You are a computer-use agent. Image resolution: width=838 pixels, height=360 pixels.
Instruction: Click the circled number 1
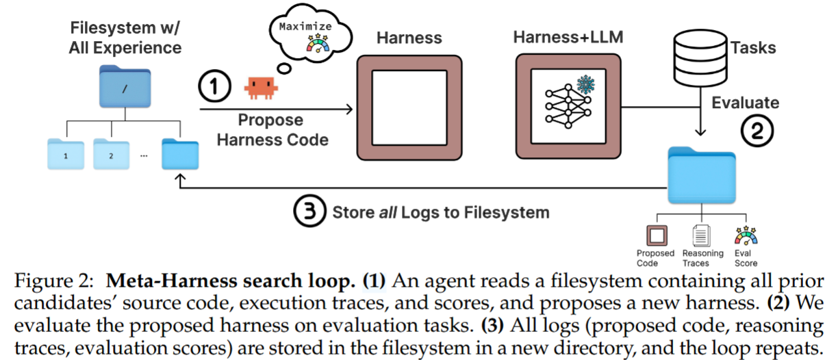pyautogui.click(x=214, y=86)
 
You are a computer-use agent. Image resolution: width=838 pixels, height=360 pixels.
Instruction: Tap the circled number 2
pyautogui.click(x=757, y=131)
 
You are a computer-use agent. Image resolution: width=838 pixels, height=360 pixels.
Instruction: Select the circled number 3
pyautogui.click(x=309, y=211)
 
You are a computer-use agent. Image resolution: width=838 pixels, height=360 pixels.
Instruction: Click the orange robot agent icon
pyautogui.click(x=261, y=88)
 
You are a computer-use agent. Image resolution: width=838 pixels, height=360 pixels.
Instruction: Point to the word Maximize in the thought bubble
pyautogui.click(x=305, y=26)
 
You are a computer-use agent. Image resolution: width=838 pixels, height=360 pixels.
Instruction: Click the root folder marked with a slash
pyautogui.click(x=125, y=86)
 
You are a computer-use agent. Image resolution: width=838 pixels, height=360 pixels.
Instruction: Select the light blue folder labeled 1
pyautogui.click(x=66, y=154)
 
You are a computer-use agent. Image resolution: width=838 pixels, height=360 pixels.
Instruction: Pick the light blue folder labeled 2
pyautogui.click(x=111, y=154)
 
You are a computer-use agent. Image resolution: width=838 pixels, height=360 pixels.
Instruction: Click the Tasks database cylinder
pyautogui.click(x=700, y=58)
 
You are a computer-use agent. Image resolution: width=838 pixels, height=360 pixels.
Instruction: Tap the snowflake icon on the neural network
pyautogui.click(x=585, y=84)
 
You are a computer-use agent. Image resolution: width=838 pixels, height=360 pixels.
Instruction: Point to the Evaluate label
pyautogui.click(x=745, y=103)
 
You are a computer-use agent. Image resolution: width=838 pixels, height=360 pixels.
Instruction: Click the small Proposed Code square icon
pyautogui.click(x=657, y=235)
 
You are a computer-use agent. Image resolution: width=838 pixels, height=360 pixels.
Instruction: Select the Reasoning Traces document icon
pyautogui.click(x=701, y=235)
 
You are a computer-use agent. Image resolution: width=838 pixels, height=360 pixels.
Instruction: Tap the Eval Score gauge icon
pyautogui.click(x=746, y=235)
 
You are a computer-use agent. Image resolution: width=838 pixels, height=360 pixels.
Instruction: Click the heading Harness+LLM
pyautogui.click(x=568, y=37)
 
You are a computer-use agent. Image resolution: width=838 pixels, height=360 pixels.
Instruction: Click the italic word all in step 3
pyautogui.click(x=388, y=212)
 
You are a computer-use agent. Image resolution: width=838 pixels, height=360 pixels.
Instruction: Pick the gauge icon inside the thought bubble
pyautogui.click(x=318, y=43)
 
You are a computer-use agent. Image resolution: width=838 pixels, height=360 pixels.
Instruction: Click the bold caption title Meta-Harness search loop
pyautogui.click(x=231, y=281)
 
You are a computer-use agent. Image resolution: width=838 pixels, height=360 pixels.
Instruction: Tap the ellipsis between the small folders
pyautogui.click(x=144, y=156)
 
